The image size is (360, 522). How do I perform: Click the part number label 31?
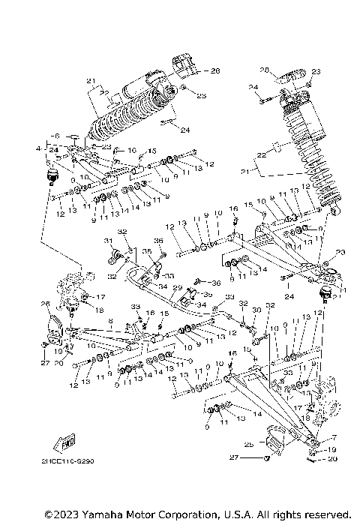(107, 241)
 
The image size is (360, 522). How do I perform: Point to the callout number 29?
(178, 288)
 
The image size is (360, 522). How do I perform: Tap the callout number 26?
(44, 304)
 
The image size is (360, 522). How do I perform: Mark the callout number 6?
(55, 136)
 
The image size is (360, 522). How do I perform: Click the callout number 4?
(37, 149)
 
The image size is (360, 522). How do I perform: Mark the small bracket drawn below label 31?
(117, 258)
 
